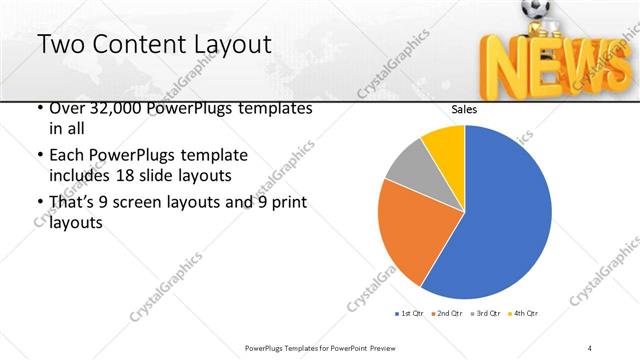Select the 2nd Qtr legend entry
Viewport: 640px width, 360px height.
(446, 314)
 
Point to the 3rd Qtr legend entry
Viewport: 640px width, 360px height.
(485, 314)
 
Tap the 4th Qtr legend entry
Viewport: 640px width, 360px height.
(524, 314)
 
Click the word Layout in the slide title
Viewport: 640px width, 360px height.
(227, 44)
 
